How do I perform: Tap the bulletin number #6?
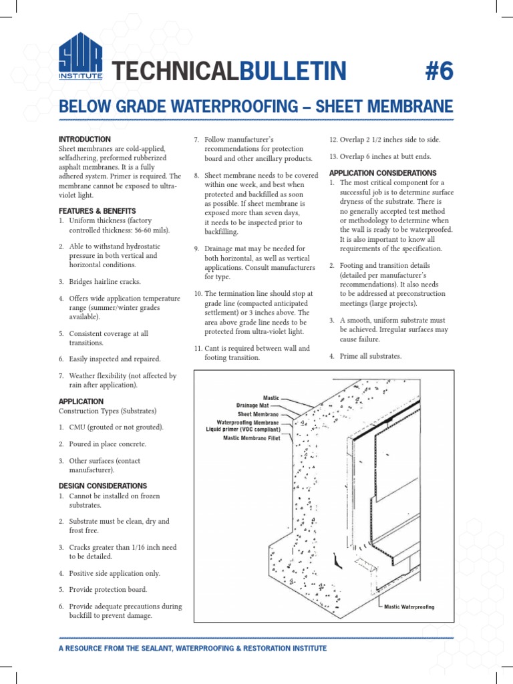click(438, 69)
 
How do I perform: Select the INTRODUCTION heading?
click(85, 139)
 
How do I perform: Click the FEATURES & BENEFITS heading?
click(98, 211)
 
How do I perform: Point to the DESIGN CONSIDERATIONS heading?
click(103, 486)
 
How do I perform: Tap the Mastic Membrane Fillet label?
click(250, 438)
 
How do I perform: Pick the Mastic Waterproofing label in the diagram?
click(409, 607)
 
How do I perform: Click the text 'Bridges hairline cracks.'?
click(105, 282)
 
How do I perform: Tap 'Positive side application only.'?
click(114, 573)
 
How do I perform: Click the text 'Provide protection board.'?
click(108, 590)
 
